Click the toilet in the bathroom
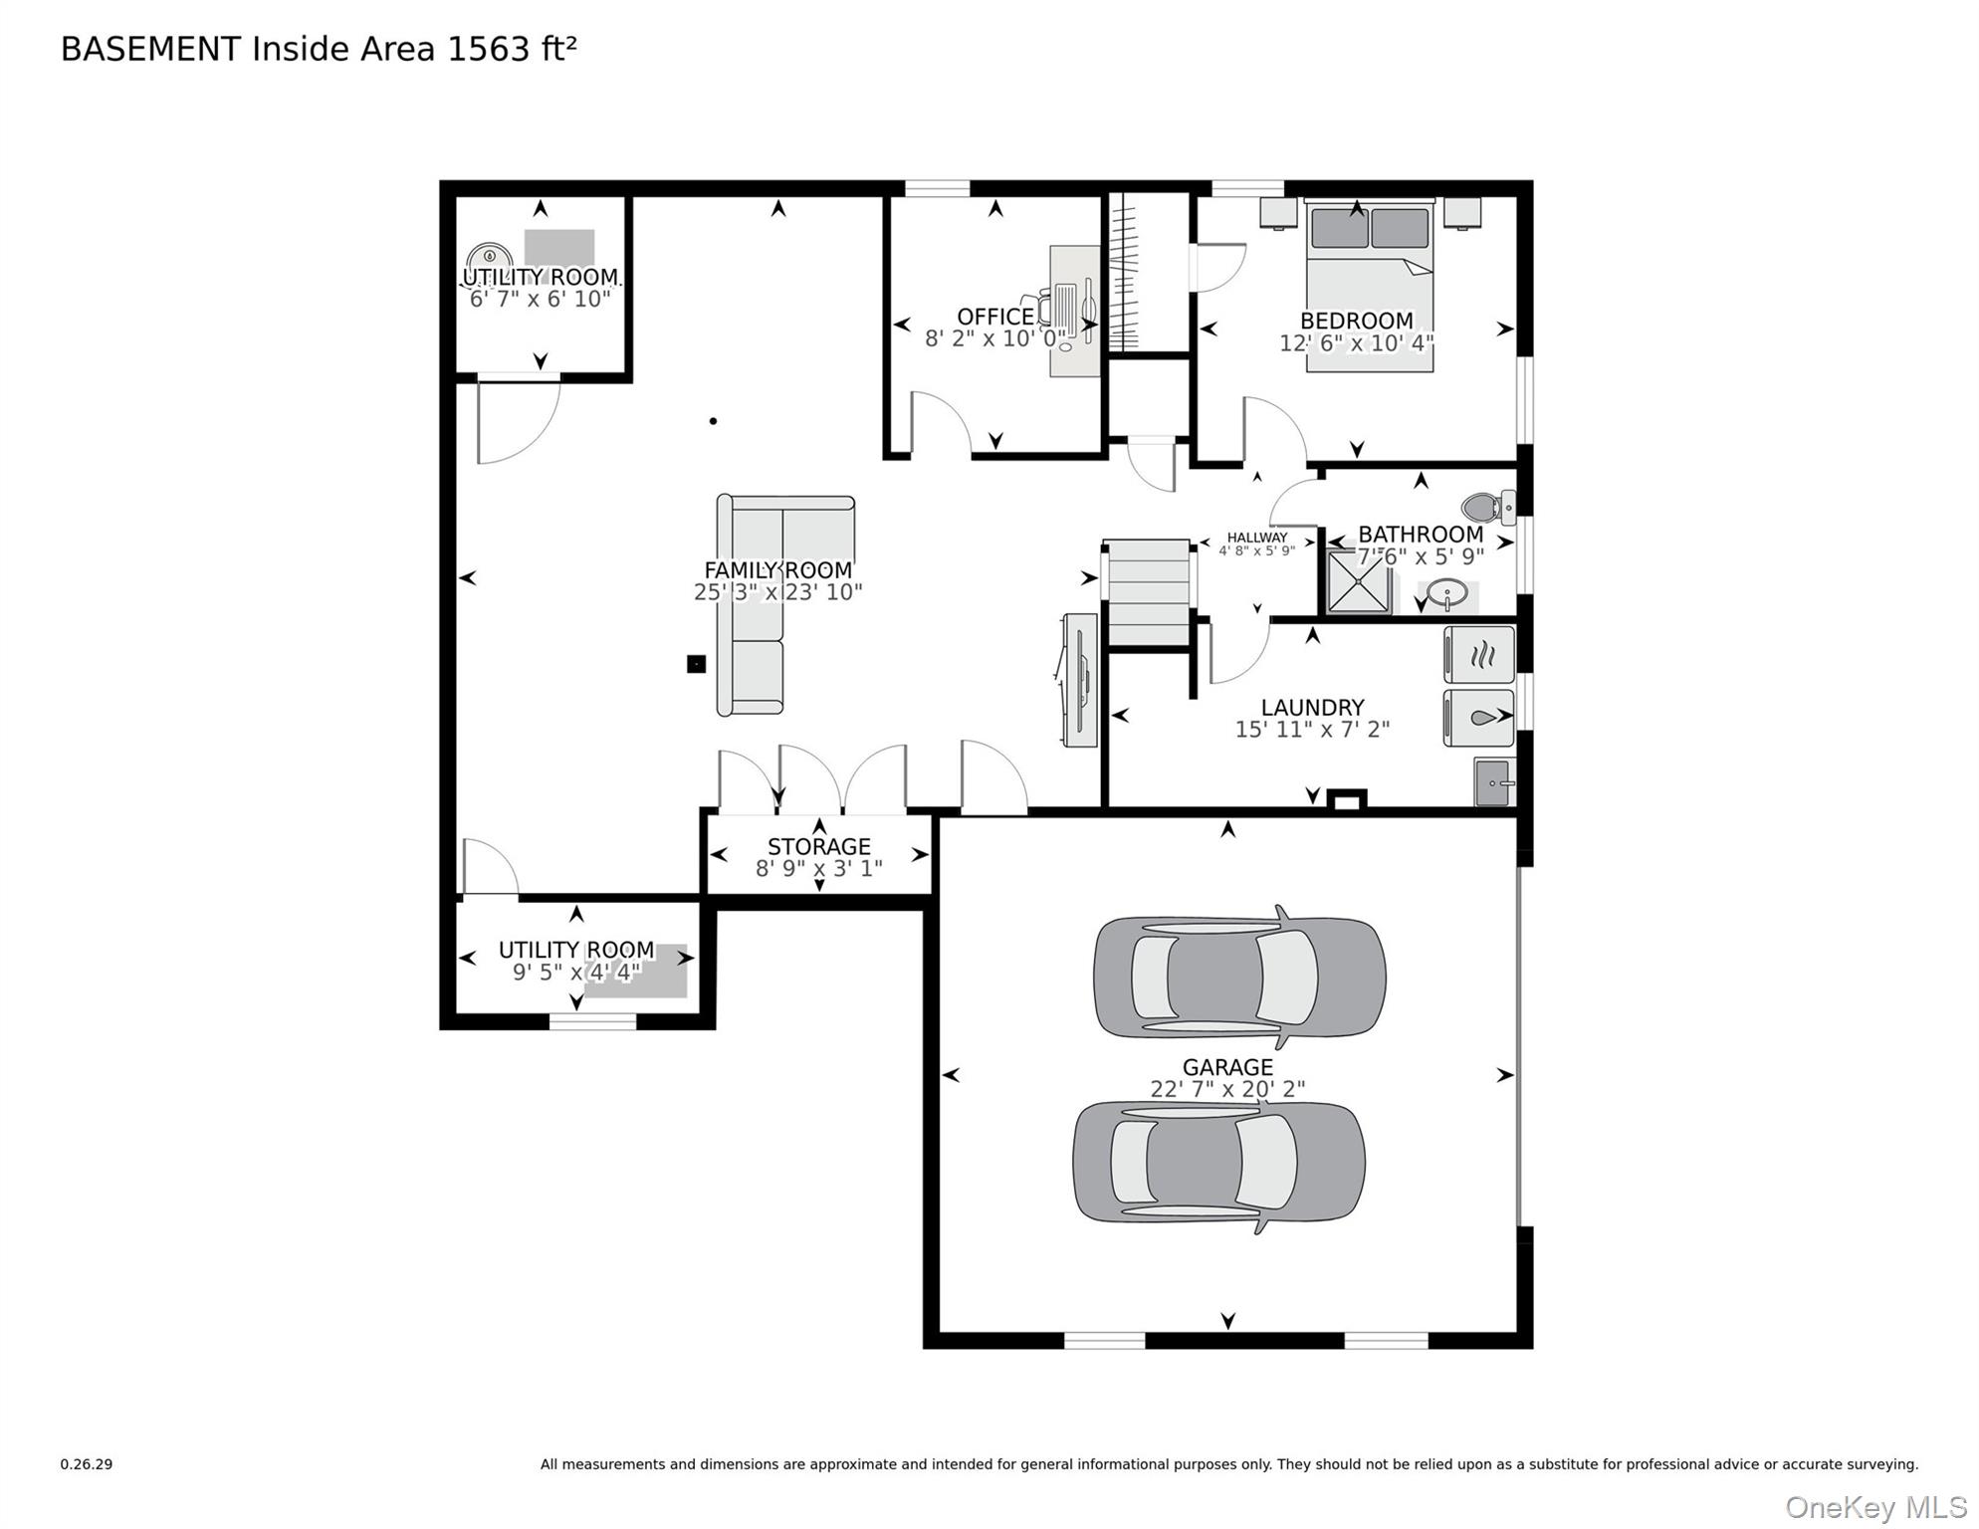[1487, 508]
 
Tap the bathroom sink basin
[1446, 595]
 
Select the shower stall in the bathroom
[1358, 581]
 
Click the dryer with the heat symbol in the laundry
[1480, 654]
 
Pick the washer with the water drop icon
[1480, 717]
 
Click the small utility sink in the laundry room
[1493, 781]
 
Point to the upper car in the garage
[1239, 977]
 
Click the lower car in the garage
[1218, 1162]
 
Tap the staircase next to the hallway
[1148, 593]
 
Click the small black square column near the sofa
[696, 664]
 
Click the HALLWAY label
[1256, 538]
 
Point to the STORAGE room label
[818, 846]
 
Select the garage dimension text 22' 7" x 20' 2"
[1226, 1089]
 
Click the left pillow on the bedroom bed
[1339, 228]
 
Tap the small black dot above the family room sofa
[713, 421]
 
